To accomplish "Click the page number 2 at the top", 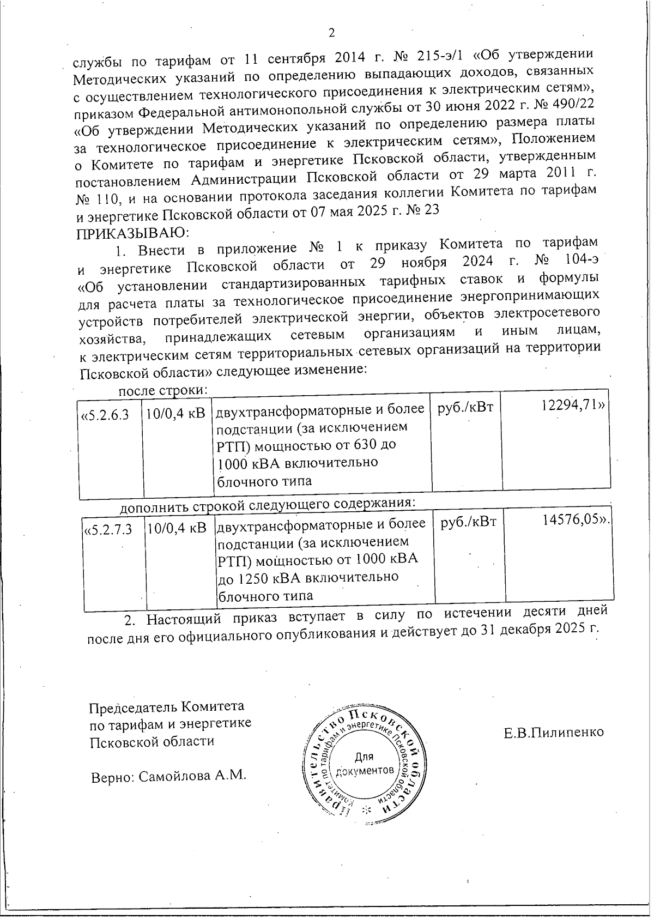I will coord(332,33).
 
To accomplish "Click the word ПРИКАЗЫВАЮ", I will coord(131,233).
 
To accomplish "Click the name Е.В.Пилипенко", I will coord(554,732).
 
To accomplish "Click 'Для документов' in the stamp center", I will coord(364,764).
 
